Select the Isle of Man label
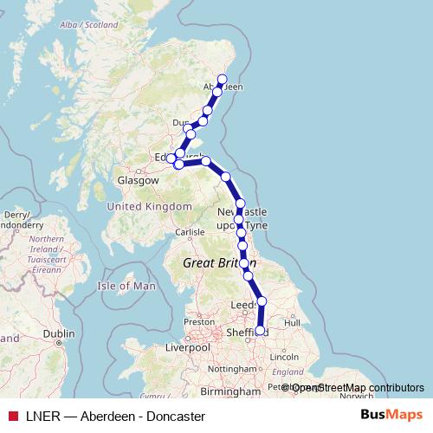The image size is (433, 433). click(x=127, y=286)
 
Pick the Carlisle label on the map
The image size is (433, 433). click(x=190, y=232)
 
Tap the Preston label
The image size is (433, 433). click(x=198, y=321)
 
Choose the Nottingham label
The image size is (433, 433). click(x=233, y=369)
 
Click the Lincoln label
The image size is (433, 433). click(x=285, y=357)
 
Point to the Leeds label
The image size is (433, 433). click(x=243, y=306)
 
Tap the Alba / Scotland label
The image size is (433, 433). click(x=87, y=25)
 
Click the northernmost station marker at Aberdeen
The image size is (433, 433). click(x=222, y=80)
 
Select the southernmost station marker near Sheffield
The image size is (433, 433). click(x=260, y=330)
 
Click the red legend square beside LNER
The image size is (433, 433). click(x=12, y=416)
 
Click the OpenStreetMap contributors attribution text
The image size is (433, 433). click(x=358, y=388)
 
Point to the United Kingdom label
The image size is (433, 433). click(x=149, y=206)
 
